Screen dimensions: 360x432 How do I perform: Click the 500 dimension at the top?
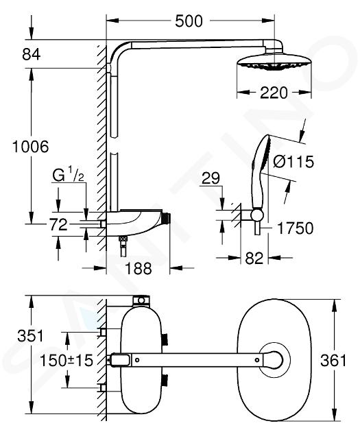(189, 21)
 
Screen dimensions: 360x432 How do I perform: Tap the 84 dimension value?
(32, 54)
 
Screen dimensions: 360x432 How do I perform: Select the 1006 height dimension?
(31, 147)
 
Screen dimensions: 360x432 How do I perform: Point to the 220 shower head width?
(274, 93)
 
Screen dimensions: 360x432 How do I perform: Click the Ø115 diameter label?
(293, 161)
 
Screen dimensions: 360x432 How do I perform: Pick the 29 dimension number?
(211, 178)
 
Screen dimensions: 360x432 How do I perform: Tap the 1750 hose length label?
(295, 228)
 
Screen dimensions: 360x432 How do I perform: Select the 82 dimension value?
(254, 258)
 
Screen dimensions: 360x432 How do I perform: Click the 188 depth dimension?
(139, 268)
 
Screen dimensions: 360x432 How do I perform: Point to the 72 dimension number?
(58, 224)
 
